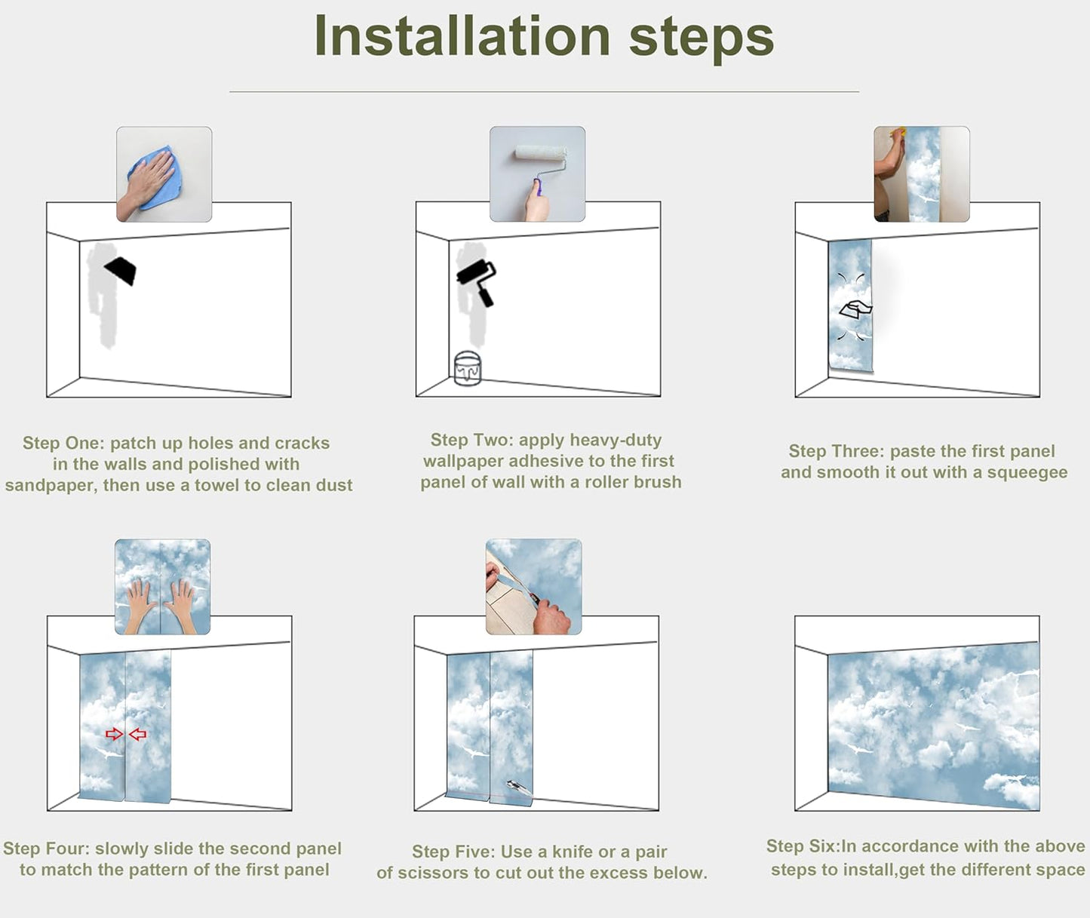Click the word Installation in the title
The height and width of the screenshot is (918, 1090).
click(x=462, y=36)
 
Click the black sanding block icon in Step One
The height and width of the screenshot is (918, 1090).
click(x=121, y=270)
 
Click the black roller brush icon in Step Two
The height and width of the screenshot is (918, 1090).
click(x=477, y=281)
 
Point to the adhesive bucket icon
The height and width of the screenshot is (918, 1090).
click(x=467, y=368)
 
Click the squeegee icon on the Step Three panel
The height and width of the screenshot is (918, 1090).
click(x=855, y=309)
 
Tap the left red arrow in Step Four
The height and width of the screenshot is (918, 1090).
click(x=114, y=734)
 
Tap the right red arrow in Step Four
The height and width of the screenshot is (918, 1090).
click(x=137, y=734)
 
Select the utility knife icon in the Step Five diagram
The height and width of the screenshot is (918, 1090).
click(x=519, y=788)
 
